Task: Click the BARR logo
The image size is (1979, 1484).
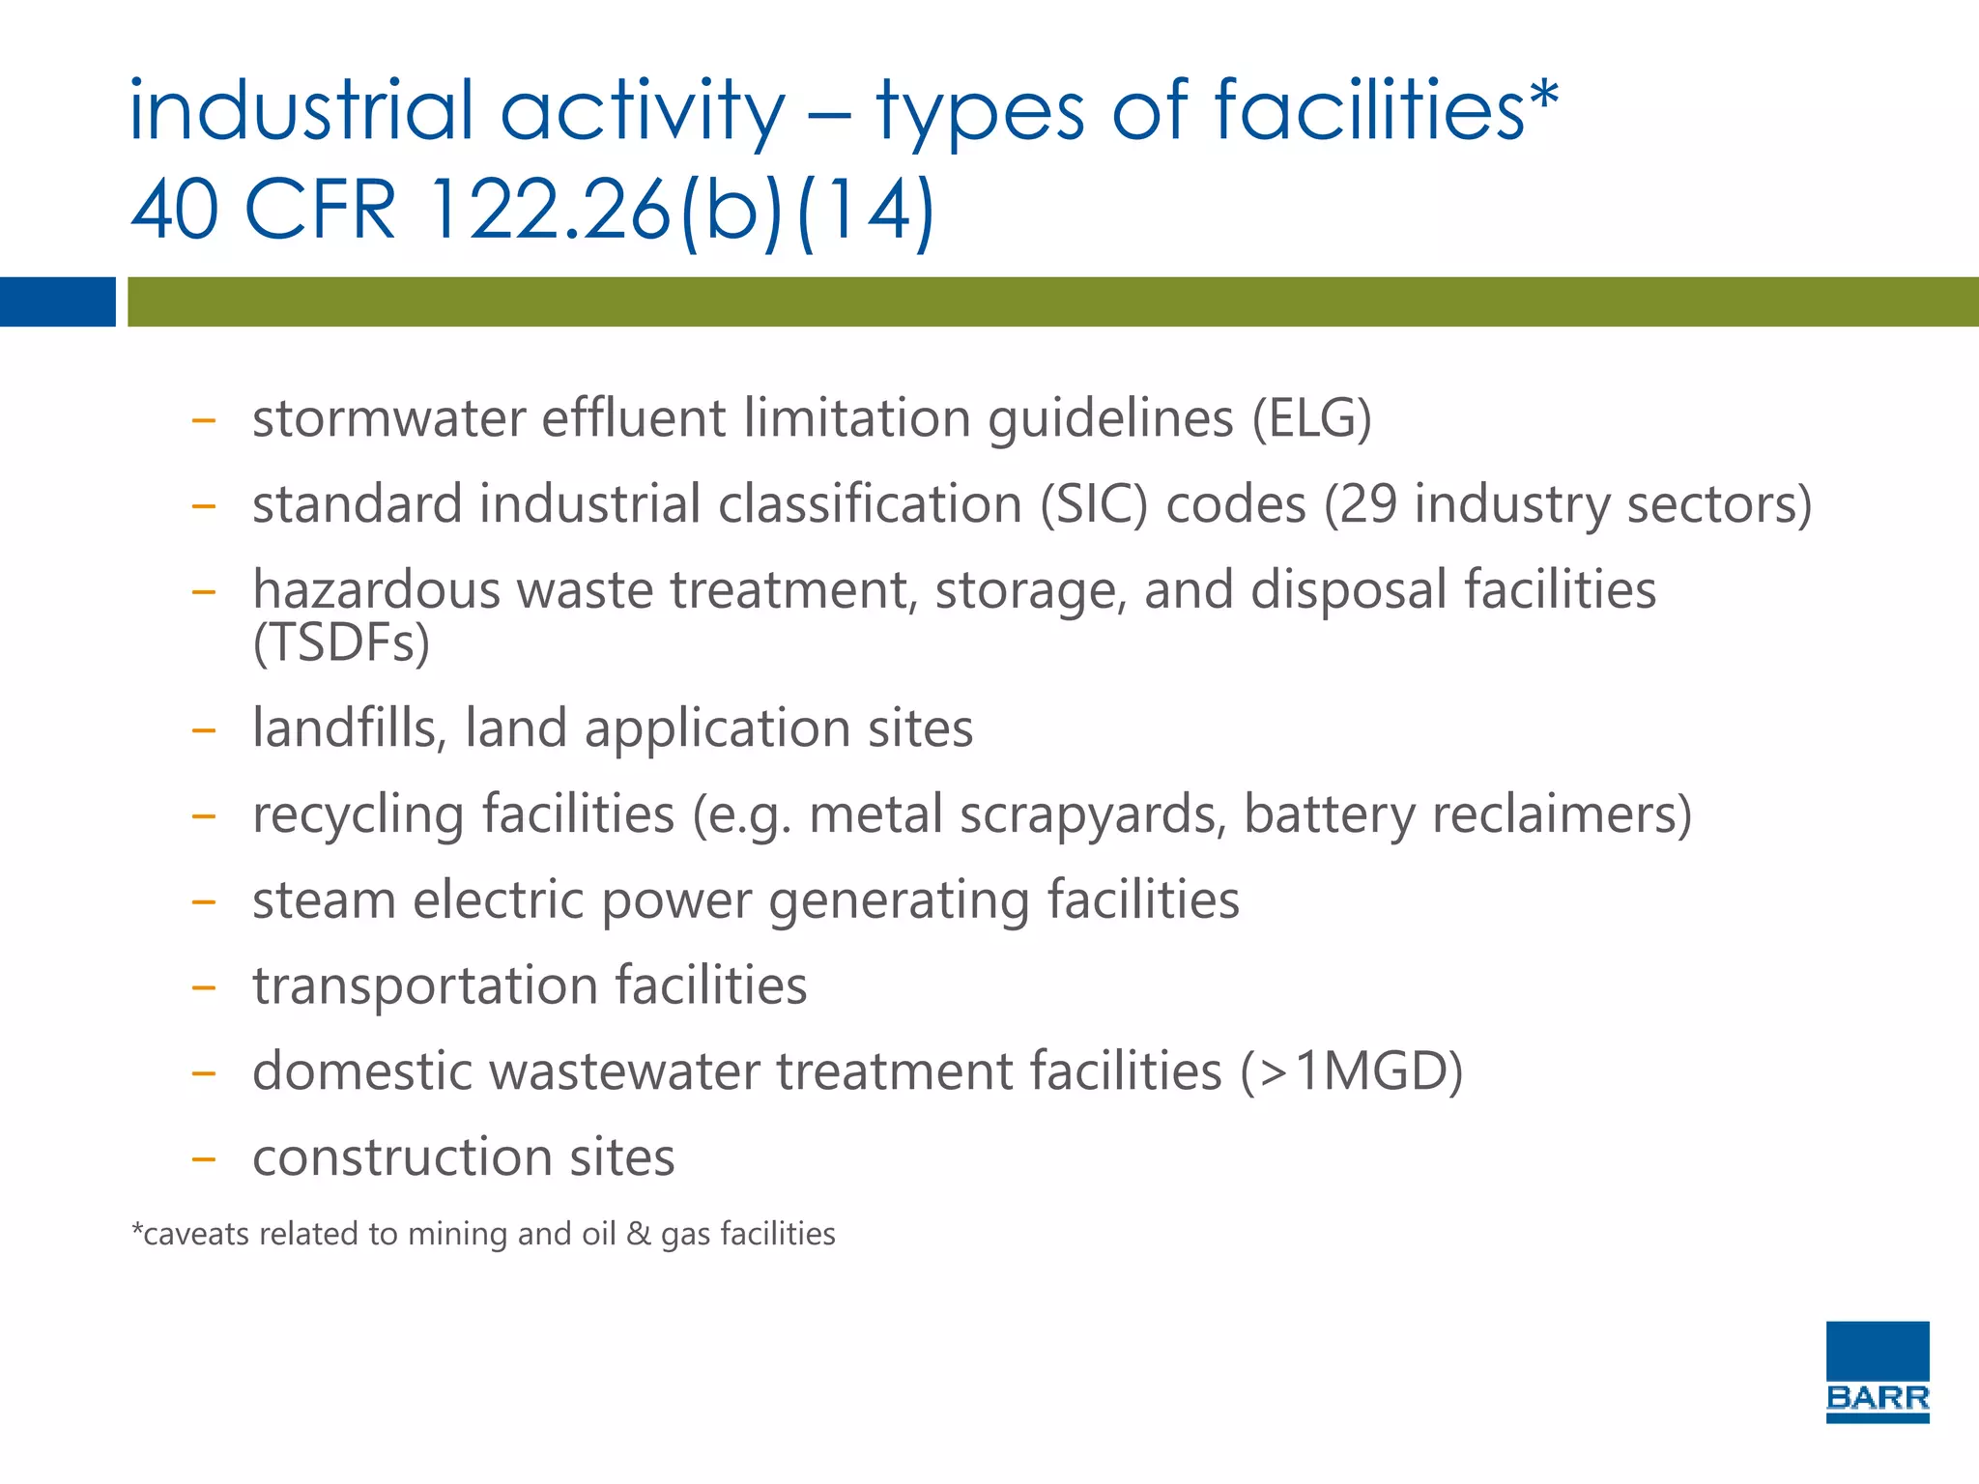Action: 1877,1371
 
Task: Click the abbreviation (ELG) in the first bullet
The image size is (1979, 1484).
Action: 1311,418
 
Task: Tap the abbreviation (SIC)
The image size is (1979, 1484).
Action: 1094,504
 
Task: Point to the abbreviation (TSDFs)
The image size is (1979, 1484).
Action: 341,642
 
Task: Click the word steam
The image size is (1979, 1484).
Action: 324,900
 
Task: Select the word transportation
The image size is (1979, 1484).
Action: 424,986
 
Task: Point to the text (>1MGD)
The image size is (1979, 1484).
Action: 1352,1071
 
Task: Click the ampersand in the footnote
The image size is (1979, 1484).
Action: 638,1234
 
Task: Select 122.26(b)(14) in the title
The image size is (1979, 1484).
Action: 680,210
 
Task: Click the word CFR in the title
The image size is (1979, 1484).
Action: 320,210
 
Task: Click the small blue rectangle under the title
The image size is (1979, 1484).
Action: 57,301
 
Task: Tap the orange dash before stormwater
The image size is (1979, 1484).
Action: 203,421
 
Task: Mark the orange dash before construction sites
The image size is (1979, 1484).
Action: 203,1159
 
